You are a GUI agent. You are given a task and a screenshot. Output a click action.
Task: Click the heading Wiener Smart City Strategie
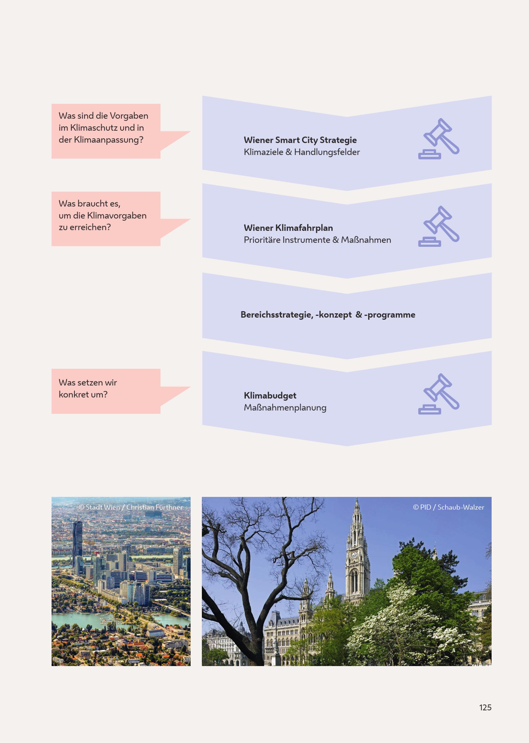pos(300,140)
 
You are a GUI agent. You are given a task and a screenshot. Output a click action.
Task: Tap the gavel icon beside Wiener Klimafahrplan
pos(439,226)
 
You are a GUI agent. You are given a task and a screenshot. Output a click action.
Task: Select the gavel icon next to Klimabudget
pos(439,394)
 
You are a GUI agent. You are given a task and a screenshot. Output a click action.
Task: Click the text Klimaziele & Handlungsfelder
pos(302,152)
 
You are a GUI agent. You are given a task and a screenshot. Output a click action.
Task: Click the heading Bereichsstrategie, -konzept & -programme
pos(328,315)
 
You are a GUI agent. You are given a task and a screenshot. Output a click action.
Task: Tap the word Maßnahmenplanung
pos(285,408)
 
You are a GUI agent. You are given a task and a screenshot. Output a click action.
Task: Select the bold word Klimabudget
pos(270,395)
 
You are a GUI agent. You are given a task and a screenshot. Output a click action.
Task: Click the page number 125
pos(485,707)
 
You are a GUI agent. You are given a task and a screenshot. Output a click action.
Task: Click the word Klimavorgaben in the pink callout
pos(117,216)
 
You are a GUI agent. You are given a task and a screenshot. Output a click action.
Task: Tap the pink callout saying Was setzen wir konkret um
pos(106,391)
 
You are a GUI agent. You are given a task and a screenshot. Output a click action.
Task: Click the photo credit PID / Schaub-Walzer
pos(449,507)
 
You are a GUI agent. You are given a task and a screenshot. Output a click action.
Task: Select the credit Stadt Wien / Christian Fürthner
pos(131,507)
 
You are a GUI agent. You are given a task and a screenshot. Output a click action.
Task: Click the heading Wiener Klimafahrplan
pos(288,228)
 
